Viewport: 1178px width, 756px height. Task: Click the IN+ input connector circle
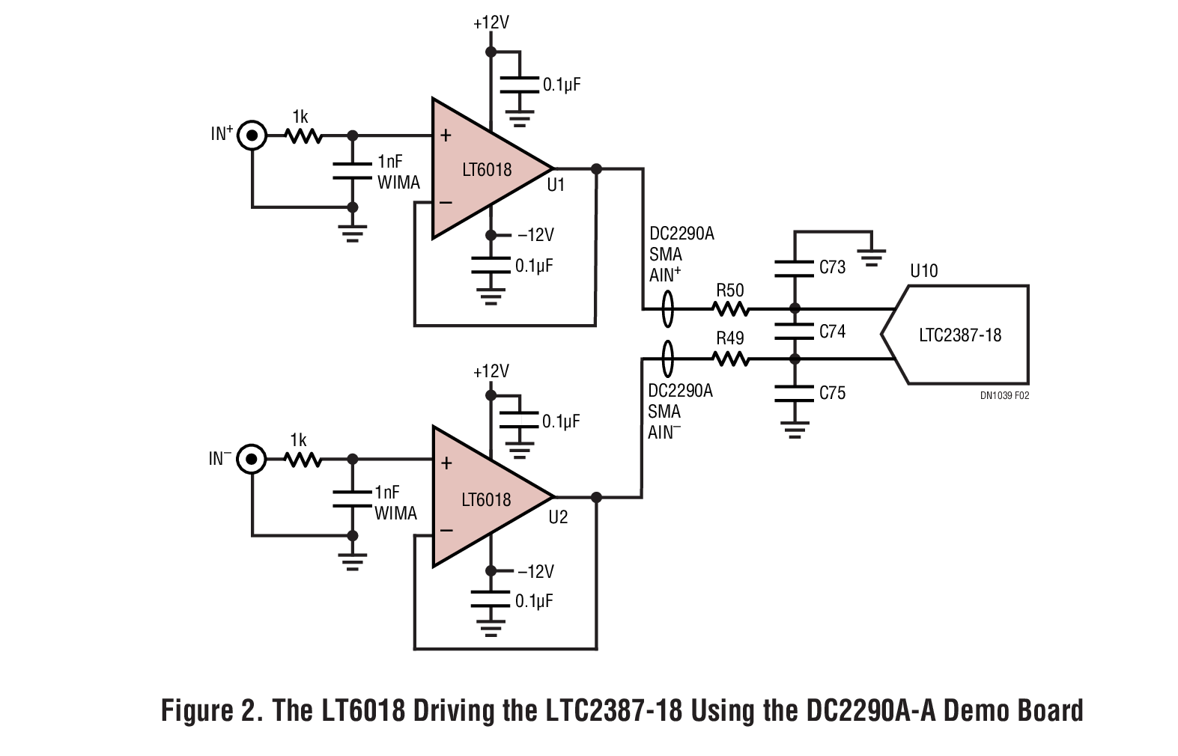[x=252, y=135]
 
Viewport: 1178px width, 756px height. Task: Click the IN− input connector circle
[x=252, y=459]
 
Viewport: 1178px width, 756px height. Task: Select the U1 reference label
[x=556, y=186]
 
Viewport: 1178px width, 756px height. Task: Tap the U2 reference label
[x=558, y=517]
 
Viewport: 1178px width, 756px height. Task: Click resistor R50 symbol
[x=729, y=308]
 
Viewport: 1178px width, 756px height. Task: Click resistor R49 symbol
[x=731, y=359]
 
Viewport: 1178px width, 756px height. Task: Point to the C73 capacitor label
[x=832, y=267]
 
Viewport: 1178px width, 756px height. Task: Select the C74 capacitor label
[x=832, y=332]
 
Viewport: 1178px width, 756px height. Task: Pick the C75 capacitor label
[x=832, y=393]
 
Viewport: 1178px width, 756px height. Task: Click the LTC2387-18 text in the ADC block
[x=959, y=335]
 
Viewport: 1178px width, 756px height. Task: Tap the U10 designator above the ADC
[x=923, y=271]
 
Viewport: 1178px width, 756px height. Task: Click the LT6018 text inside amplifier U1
[x=487, y=170]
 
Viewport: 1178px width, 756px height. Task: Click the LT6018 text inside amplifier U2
[x=487, y=500]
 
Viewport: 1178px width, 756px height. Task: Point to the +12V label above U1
[x=491, y=23]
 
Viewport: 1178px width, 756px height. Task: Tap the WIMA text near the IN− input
[x=396, y=513]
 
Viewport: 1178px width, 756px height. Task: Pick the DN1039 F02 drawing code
[x=1004, y=396]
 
